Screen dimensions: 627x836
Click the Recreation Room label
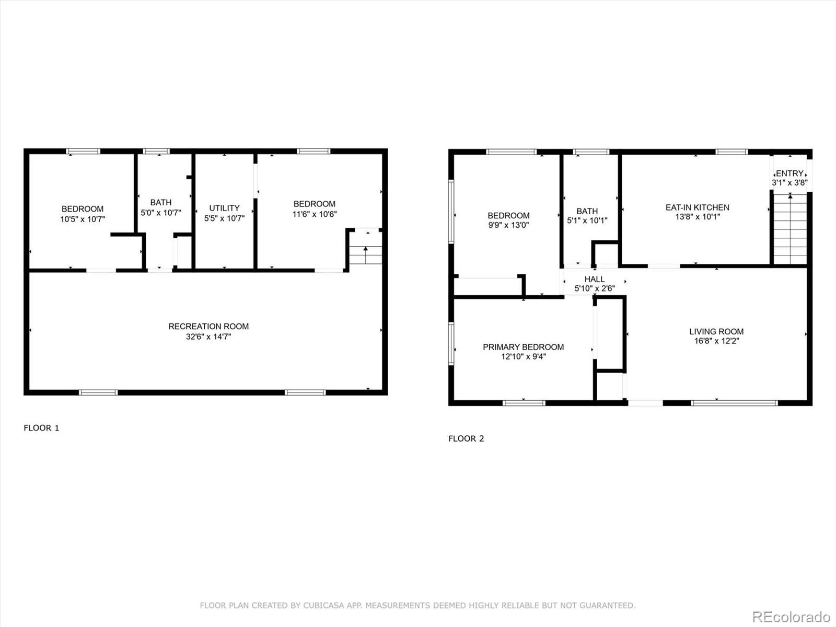click(x=208, y=326)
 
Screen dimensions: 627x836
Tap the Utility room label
click(x=224, y=207)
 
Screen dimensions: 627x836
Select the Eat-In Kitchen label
click(x=697, y=207)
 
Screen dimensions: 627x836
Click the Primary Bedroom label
click(x=523, y=347)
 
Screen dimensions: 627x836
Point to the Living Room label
click(x=716, y=331)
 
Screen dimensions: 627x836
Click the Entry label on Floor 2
click(x=789, y=173)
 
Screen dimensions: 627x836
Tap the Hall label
click(x=595, y=279)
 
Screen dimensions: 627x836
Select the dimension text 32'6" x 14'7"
click(x=208, y=337)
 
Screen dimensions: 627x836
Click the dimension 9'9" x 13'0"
click(x=508, y=225)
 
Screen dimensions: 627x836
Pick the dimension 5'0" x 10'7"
click(x=160, y=213)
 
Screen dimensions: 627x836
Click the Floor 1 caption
click(x=41, y=428)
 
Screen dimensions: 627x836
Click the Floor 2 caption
click(x=466, y=438)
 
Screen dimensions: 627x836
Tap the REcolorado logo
click(x=791, y=617)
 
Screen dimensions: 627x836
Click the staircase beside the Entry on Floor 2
click(x=790, y=230)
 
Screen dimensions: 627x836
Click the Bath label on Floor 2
click(x=587, y=211)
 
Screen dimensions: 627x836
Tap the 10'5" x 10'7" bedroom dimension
click(x=83, y=219)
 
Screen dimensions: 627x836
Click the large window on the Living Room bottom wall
click(x=734, y=403)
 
